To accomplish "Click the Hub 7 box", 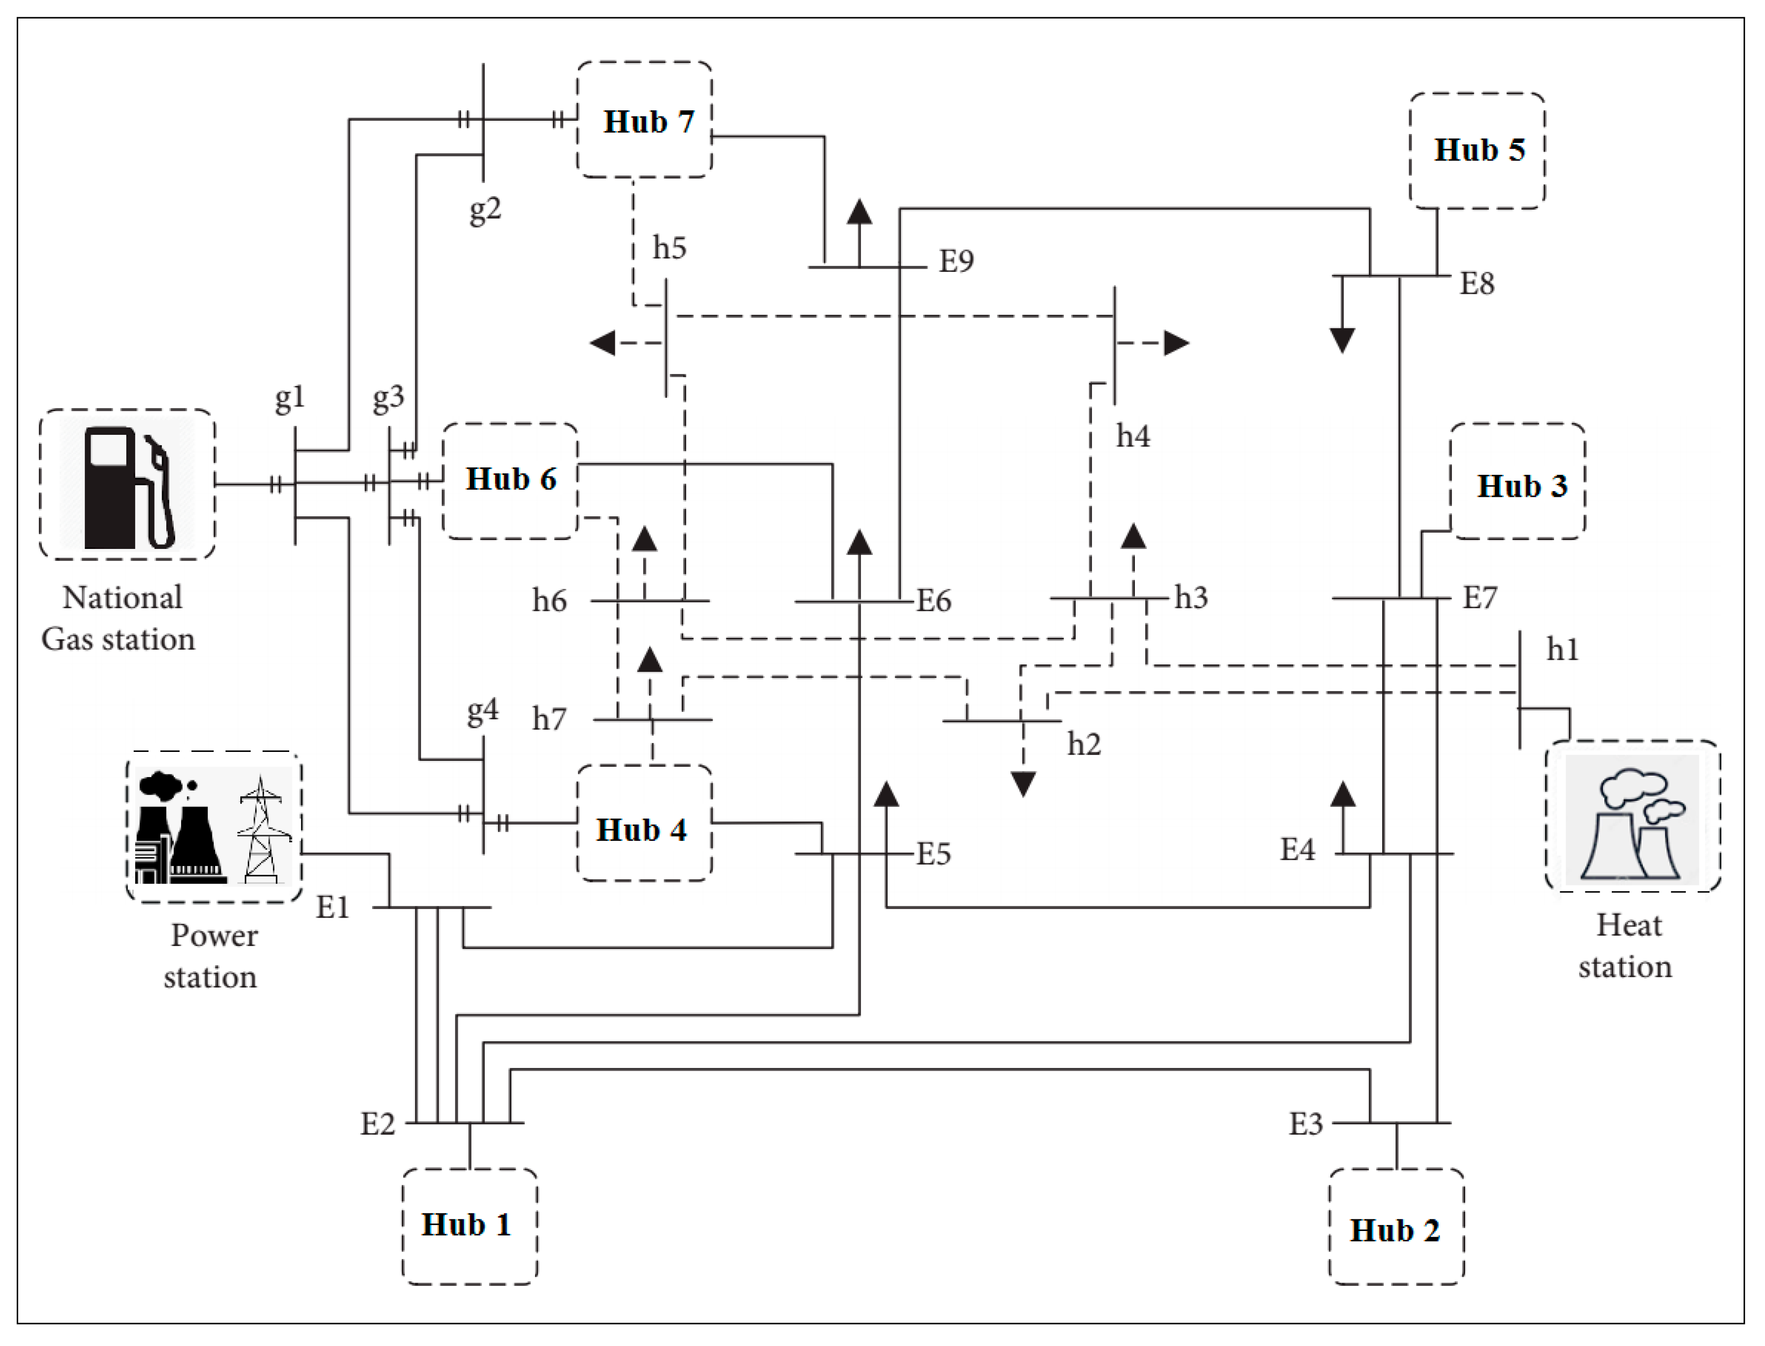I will tap(645, 120).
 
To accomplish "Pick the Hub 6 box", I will tap(510, 480).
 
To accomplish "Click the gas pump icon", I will tap(128, 487).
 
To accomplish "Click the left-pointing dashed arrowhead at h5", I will tap(603, 344).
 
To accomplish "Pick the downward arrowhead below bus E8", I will tap(1343, 340).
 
